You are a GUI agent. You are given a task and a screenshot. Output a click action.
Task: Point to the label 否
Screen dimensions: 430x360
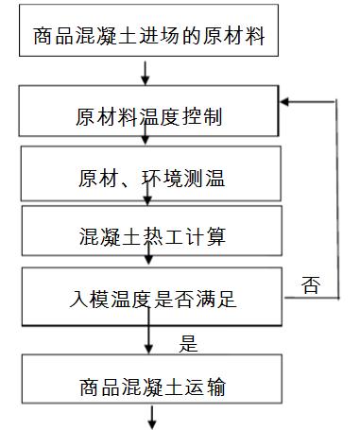coord(310,284)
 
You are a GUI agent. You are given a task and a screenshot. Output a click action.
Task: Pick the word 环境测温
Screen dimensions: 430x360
coord(190,178)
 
